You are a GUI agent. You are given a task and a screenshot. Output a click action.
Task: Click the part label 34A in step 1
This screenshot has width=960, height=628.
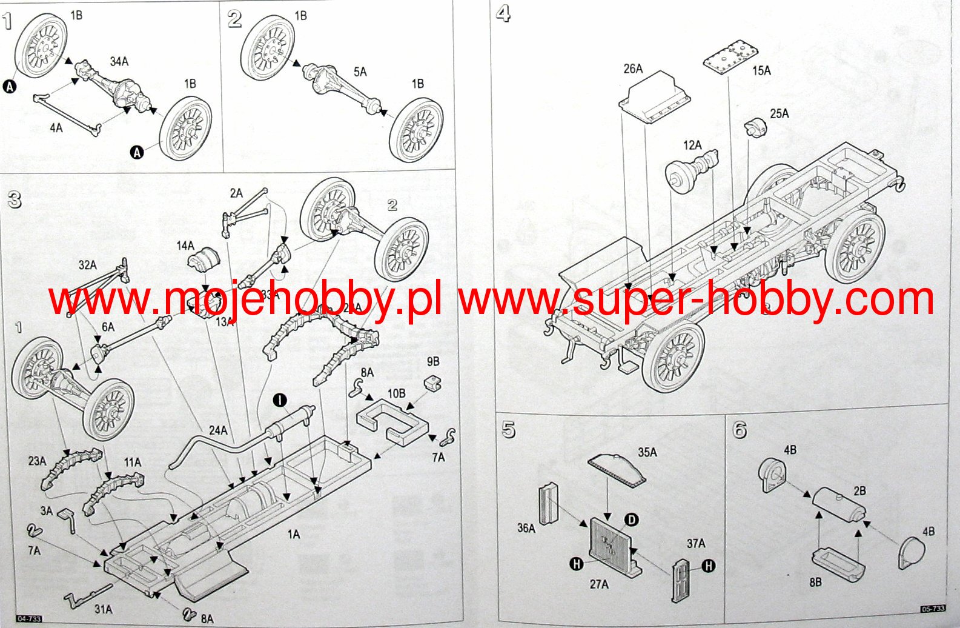tap(119, 61)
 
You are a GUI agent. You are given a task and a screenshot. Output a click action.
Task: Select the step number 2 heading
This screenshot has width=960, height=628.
tap(235, 19)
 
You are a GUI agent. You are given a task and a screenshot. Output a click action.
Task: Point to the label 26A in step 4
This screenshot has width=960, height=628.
tap(633, 68)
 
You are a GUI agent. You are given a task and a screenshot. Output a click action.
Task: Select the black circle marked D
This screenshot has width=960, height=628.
tap(631, 519)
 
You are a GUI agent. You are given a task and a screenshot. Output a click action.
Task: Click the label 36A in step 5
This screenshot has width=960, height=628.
tap(526, 528)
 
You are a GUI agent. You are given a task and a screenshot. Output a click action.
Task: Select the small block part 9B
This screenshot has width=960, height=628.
tap(433, 384)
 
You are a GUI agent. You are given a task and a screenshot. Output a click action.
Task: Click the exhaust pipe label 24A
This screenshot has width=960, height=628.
tap(218, 430)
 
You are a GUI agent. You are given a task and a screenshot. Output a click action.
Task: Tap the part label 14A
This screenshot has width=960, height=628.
tap(185, 246)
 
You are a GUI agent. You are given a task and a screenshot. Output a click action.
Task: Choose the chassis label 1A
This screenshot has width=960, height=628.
tap(294, 534)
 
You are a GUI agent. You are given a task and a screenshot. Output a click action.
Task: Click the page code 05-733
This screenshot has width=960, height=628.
tap(933, 609)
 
